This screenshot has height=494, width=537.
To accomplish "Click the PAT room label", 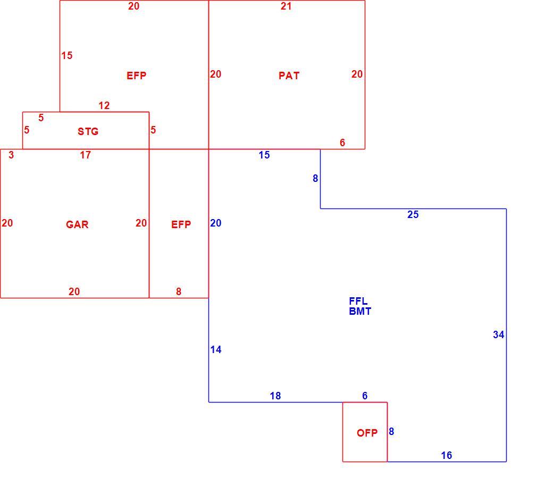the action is coord(289,76).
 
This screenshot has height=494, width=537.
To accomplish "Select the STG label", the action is coord(88,131).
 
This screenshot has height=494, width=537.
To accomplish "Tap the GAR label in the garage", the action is coord(77,224).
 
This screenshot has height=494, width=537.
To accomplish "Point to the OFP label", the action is coord(367,433).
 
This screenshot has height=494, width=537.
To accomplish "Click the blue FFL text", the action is coord(358,301).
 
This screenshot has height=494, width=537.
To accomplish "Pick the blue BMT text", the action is coord(360,311).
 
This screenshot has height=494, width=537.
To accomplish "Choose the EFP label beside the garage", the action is coord(181,224).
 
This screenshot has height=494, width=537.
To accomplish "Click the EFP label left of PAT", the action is coord(136,76).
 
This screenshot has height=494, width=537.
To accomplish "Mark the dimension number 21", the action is coord(286,6).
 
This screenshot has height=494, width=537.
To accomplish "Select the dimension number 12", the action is coord(104,105).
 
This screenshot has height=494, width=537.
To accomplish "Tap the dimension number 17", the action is coord(85,155).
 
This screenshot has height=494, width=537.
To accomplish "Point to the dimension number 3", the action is coord(11,155).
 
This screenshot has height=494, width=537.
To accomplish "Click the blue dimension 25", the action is coord(413,214).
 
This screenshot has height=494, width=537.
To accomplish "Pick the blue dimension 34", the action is coord(499,334).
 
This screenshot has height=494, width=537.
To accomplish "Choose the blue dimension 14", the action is coord(216,349).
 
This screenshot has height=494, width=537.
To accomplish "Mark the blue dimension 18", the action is coord(275,396).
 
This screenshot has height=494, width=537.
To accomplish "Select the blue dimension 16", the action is coord(447,455).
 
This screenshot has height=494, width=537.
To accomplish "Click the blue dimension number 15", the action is coord(264,155).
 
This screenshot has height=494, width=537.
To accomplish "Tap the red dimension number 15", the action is coord(67,55).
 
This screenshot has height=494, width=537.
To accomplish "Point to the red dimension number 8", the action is coord(179,291).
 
